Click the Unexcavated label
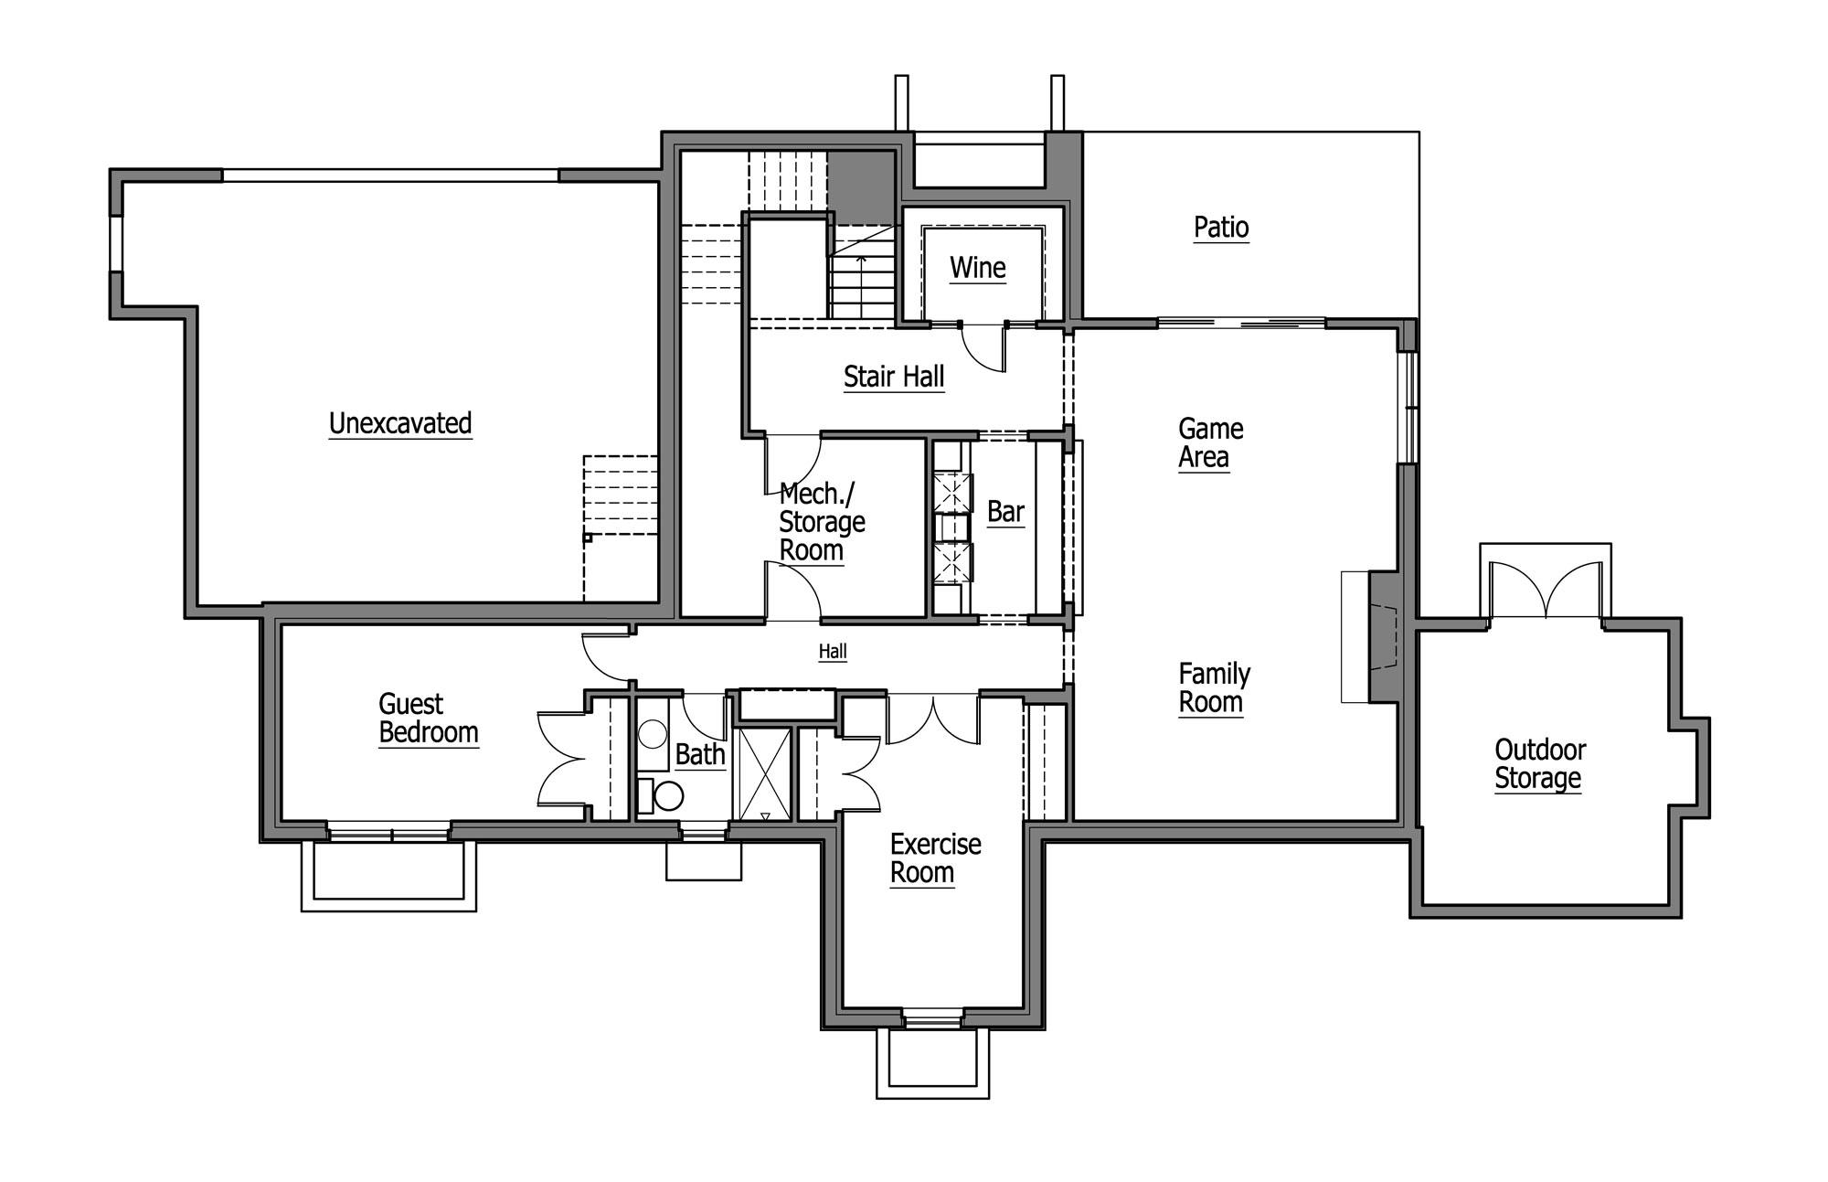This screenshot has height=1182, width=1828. tap(400, 424)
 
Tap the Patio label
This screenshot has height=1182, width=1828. tap(1221, 228)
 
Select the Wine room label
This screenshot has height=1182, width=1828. tap(977, 269)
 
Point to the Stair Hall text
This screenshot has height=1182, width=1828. tap(894, 378)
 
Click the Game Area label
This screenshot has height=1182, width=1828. tap(1210, 443)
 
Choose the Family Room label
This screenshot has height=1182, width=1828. tap(1214, 688)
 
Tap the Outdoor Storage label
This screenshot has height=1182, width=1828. tap(1540, 764)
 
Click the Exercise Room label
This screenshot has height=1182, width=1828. tap(935, 858)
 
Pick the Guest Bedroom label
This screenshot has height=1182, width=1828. tap(429, 719)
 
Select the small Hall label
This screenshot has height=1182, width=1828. tap(833, 652)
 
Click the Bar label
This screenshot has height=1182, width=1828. tap(1005, 512)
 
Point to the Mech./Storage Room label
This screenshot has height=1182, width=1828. tap(822, 523)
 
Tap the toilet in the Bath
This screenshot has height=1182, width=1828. tap(661, 795)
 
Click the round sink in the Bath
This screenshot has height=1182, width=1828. tap(653, 734)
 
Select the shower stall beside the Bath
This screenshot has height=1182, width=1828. tap(766, 773)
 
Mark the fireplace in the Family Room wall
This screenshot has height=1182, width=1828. tap(1384, 636)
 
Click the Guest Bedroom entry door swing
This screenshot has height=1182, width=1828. tap(608, 657)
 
